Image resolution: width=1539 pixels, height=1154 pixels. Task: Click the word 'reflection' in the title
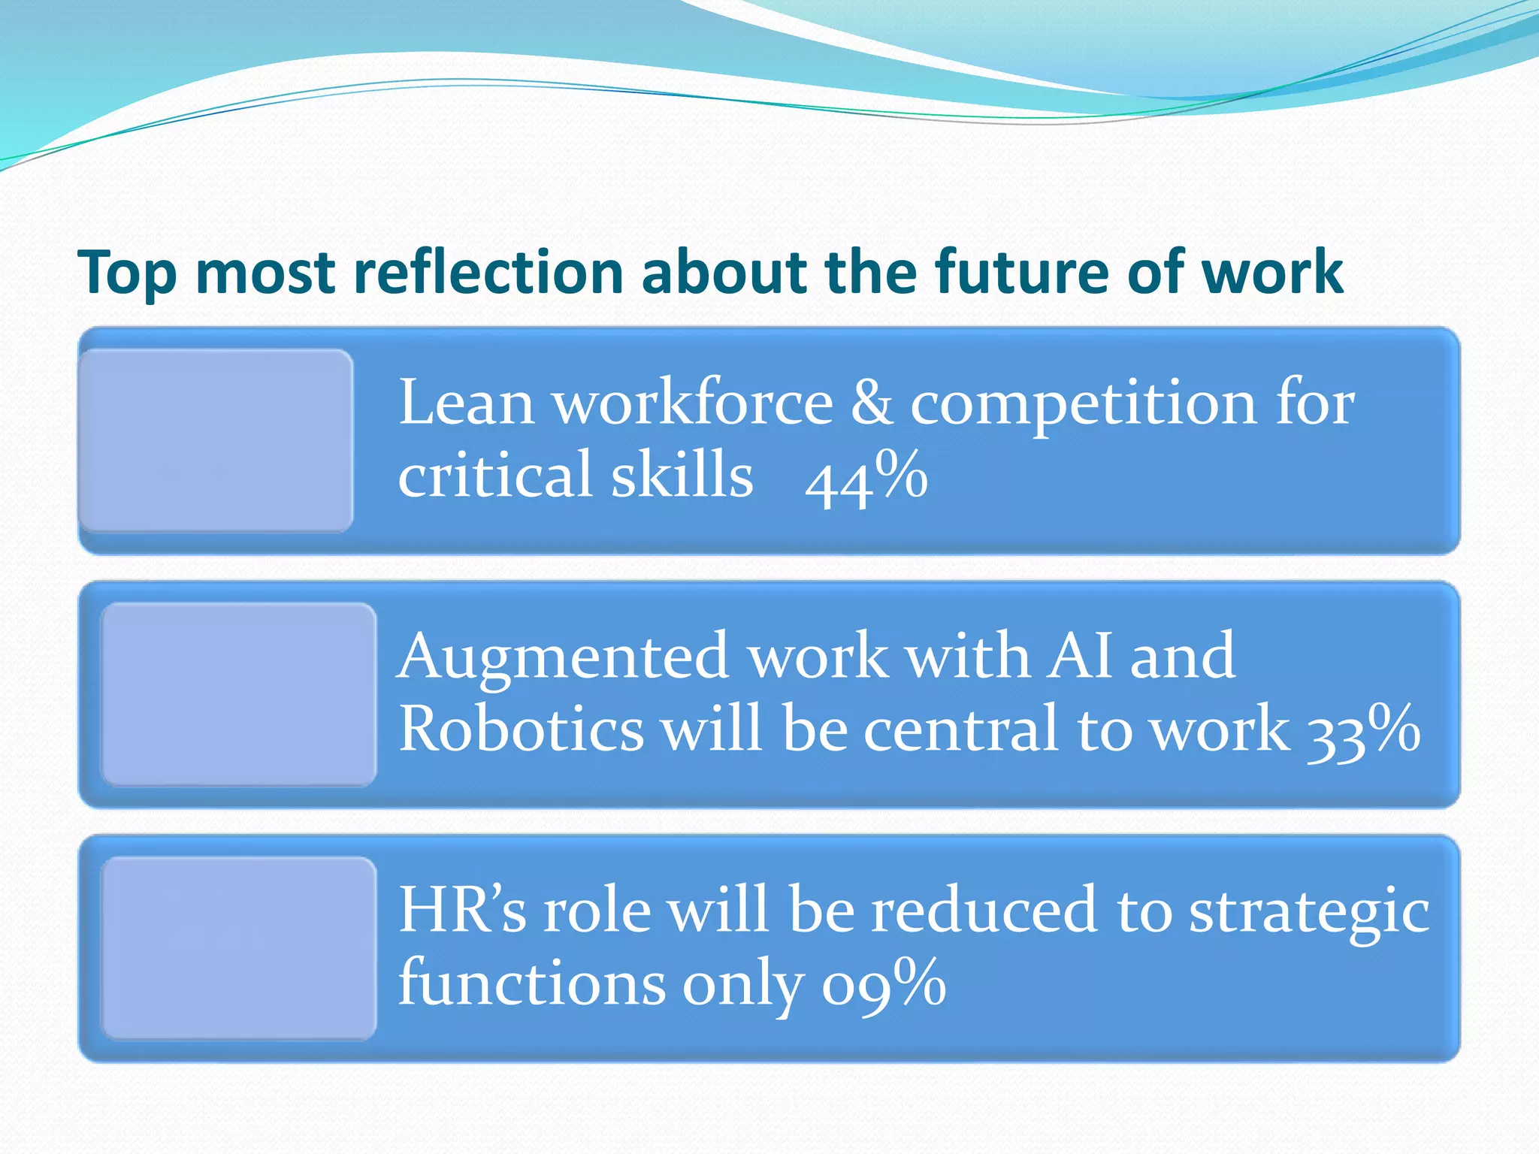488,272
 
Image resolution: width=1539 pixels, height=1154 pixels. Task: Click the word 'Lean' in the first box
466,403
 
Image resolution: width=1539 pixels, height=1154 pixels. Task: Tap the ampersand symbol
871,403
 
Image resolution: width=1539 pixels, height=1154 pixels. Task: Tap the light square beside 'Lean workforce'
216,441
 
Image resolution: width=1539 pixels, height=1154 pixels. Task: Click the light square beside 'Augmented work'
239,694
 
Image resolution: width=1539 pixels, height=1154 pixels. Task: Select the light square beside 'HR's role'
239,948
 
